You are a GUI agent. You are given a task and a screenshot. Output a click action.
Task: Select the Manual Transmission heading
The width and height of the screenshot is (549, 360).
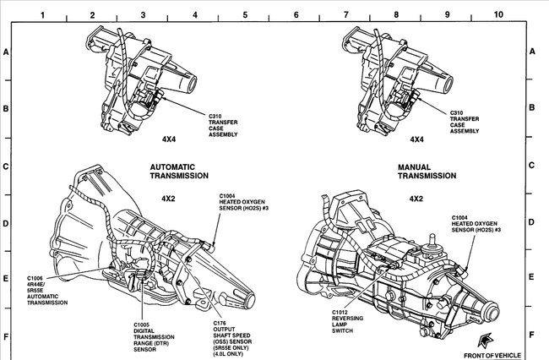427,172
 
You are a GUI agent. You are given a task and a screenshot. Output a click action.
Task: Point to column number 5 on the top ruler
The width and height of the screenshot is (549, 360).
245,14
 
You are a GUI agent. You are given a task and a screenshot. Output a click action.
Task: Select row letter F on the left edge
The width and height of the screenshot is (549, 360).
6,335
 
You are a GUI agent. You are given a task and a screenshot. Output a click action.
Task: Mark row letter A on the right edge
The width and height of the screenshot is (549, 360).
532,52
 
